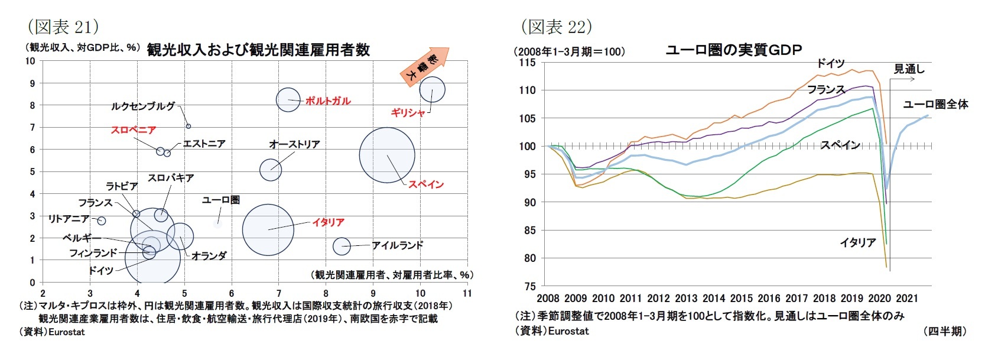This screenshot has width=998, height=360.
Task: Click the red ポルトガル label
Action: [327, 101]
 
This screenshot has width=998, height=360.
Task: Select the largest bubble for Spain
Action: [387, 155]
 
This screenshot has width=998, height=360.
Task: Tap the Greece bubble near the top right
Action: [432, 90]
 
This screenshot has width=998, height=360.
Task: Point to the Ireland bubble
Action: [342, 246]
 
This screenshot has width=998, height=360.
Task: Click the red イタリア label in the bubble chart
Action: [328, 222]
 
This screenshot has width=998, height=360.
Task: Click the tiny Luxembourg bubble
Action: [188, 126]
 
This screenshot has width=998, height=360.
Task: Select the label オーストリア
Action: [294, 144]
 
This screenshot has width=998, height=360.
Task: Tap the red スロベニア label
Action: [134, 129]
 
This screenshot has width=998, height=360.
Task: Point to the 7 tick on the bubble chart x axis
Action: [278, 293]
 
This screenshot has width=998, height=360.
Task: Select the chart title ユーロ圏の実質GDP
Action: [733, 50]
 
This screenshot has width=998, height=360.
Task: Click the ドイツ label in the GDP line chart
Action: [830, 63]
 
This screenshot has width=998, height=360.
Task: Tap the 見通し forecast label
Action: [909, 69]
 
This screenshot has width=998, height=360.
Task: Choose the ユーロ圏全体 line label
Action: [935, 105]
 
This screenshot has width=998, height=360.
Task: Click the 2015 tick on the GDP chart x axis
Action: [741, 298]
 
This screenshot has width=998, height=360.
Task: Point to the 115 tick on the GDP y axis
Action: [527, 63]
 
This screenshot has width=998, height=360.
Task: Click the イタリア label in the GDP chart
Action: [857, 242]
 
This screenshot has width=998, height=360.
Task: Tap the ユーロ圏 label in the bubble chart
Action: [220, 200]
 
